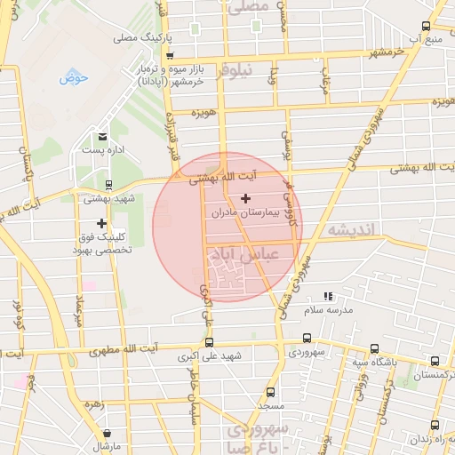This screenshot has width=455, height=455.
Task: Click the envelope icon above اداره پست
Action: click(x=103, y=137)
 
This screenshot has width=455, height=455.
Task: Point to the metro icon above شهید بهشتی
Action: click(x=108, y=186)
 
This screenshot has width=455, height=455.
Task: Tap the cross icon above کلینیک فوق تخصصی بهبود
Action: click(x=101, y=224)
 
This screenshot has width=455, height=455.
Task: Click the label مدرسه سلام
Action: click(x=330, y=309)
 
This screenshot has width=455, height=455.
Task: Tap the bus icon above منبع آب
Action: click(x=426, y=27)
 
